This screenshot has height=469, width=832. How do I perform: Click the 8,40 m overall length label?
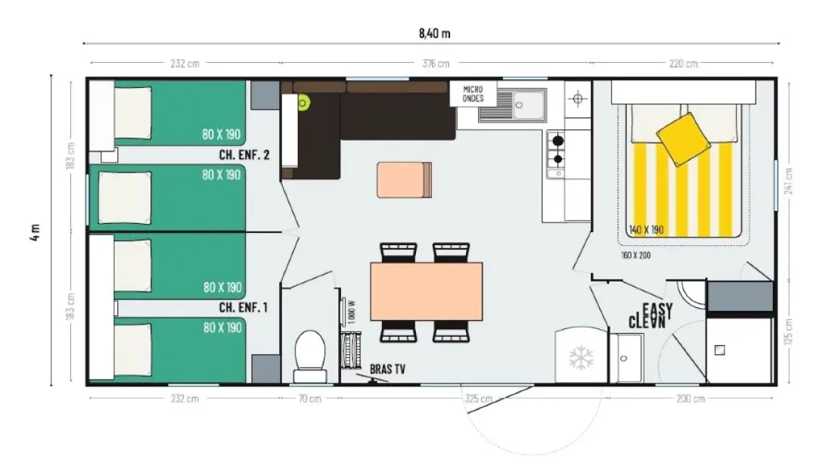(435, 33)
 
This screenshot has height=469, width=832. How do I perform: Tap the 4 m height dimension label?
(35, 232)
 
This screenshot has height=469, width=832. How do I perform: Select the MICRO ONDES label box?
(473, 94)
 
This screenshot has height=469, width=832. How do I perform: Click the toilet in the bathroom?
(310, 356)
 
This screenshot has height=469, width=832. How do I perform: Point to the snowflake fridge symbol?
(581, 358)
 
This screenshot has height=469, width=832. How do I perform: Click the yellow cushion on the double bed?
(684, 139)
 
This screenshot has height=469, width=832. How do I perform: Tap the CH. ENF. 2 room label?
(244, 155)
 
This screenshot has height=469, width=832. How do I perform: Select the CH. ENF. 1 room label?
(243, 307)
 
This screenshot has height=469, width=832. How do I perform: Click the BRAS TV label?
(387, 369)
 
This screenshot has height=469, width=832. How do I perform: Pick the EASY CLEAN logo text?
(650, 315)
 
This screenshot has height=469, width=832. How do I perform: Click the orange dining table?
(427, 291)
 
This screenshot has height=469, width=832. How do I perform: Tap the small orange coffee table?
(405, 180)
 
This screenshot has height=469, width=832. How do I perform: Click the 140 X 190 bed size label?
(646, 230)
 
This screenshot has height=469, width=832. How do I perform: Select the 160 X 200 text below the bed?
(635, 255)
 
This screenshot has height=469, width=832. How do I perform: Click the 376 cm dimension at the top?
(436, 64)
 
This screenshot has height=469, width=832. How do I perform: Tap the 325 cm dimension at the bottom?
(479, 399)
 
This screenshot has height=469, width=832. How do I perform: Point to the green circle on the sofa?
(303, 103)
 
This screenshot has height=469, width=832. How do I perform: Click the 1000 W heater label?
(352, 312)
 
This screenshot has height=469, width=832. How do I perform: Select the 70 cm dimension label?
(309, 399)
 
